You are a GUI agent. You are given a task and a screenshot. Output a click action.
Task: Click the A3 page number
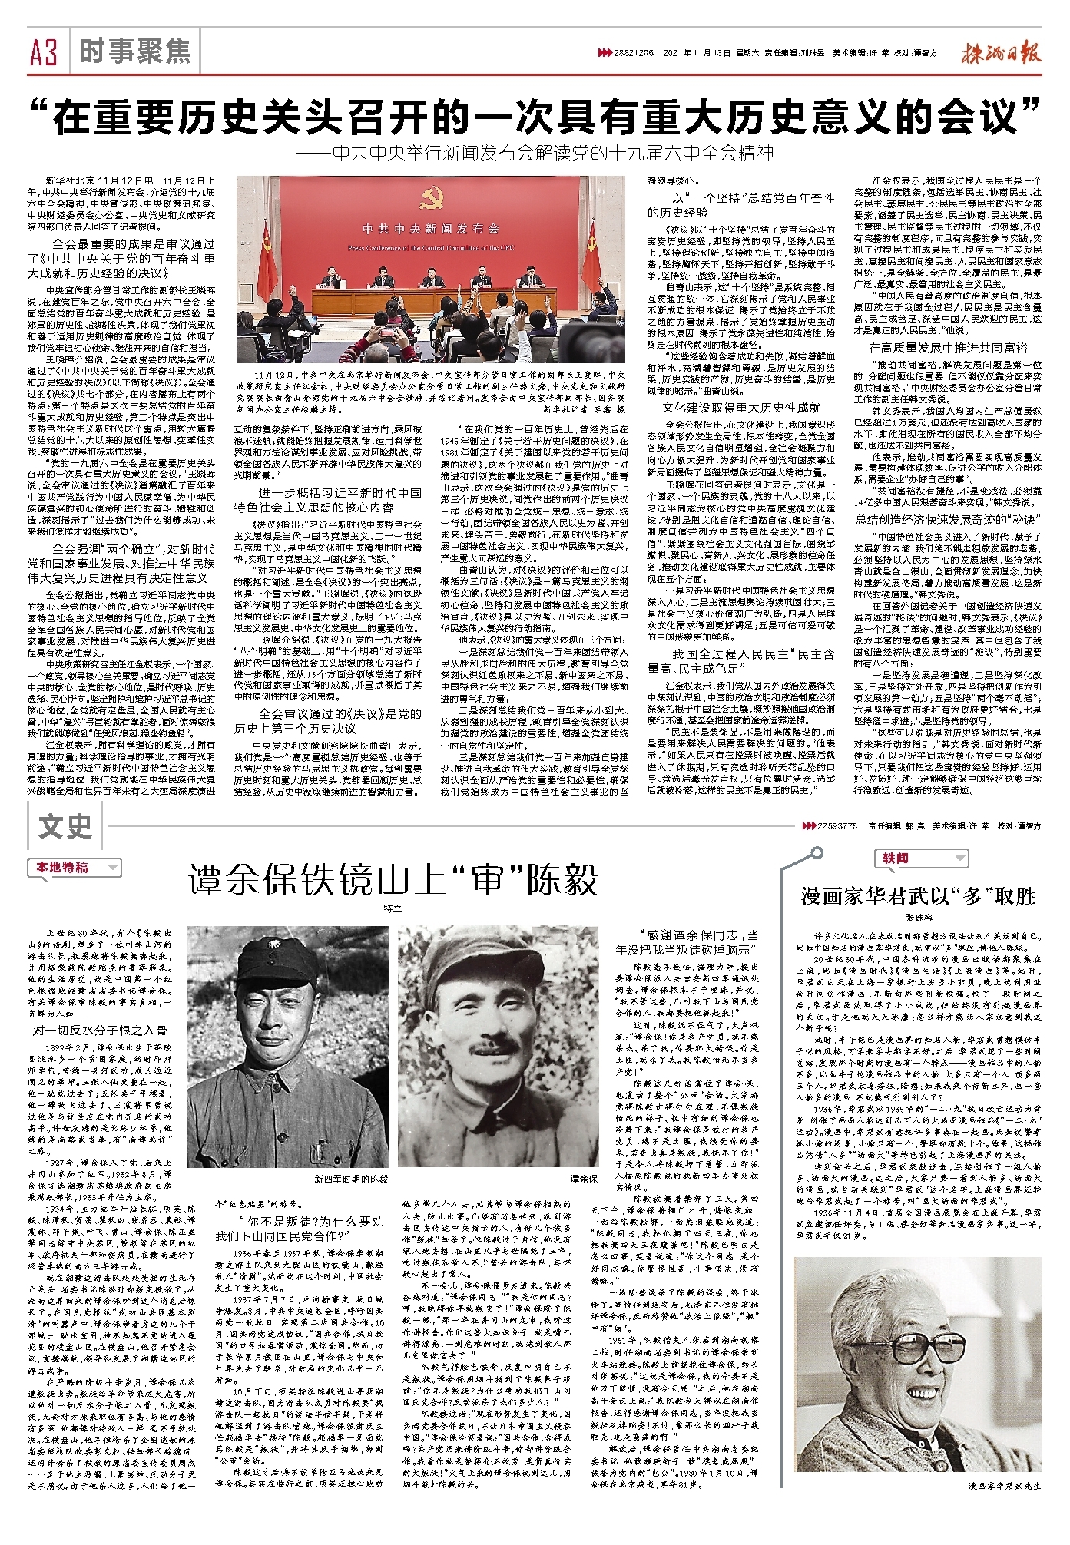coord(45,53)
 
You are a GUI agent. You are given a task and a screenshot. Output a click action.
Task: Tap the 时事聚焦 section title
coord(134,51)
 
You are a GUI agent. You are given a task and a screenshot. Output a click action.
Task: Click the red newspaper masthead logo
coord(1000,52)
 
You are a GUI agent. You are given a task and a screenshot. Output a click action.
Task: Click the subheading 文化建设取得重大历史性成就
coord(740,407)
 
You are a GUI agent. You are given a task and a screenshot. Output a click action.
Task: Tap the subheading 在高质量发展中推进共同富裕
coord(948,348)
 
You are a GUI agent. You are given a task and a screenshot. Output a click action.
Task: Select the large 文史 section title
coord(66,827)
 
